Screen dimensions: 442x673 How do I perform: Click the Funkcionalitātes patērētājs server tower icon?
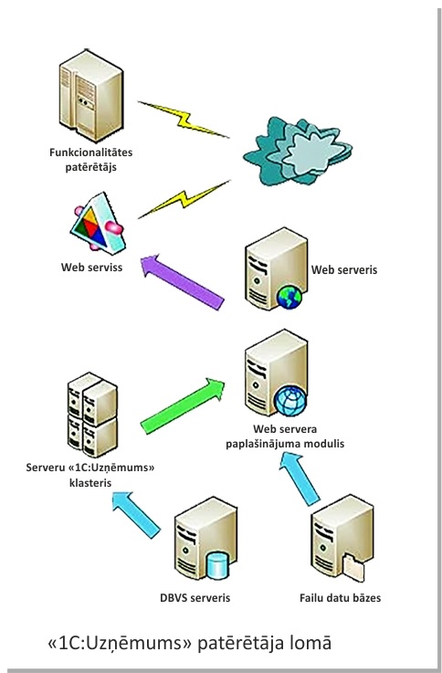pyautogui.click(x=91, y=95)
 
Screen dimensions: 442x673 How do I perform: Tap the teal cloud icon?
pyautogui.click(x=298, y=151)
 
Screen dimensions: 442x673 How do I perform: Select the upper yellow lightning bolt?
pyautogui.click(x=184, y=120)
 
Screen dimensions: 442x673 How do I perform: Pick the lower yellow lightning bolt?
pyautogui.click(x=184, y=200)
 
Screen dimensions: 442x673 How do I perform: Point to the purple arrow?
pyautogui.click(x=182, y=281)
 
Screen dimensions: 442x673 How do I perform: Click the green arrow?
pyautogui.click(x=183, y=406)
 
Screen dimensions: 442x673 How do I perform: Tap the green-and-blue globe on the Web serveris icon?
pyautogui.click(x=289, y=297)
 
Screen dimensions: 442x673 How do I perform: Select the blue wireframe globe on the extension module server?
pyautogui.click(x=290, y=401)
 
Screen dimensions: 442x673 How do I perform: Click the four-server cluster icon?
pyautogui.click(x=92, y=415)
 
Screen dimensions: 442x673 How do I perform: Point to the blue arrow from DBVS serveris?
pyautogui.click(x=136, y=515)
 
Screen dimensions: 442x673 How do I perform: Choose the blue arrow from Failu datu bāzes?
pyautogui.click(x=300, y=479)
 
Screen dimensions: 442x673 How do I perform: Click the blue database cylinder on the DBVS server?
pyautogui.click(x=217, y=565)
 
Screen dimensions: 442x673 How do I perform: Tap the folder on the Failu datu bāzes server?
pyautogui.click(x=353, y=567)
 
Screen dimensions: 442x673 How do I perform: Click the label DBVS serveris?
pyautogui.click(x=195, y=597)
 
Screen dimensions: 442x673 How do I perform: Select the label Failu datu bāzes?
pyautogui.click(x=340, y=597)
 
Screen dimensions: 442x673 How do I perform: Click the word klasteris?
pyautogui.click(x=90, y=482)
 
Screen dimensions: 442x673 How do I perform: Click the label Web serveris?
pyautogui.click(x=344, y=269)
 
